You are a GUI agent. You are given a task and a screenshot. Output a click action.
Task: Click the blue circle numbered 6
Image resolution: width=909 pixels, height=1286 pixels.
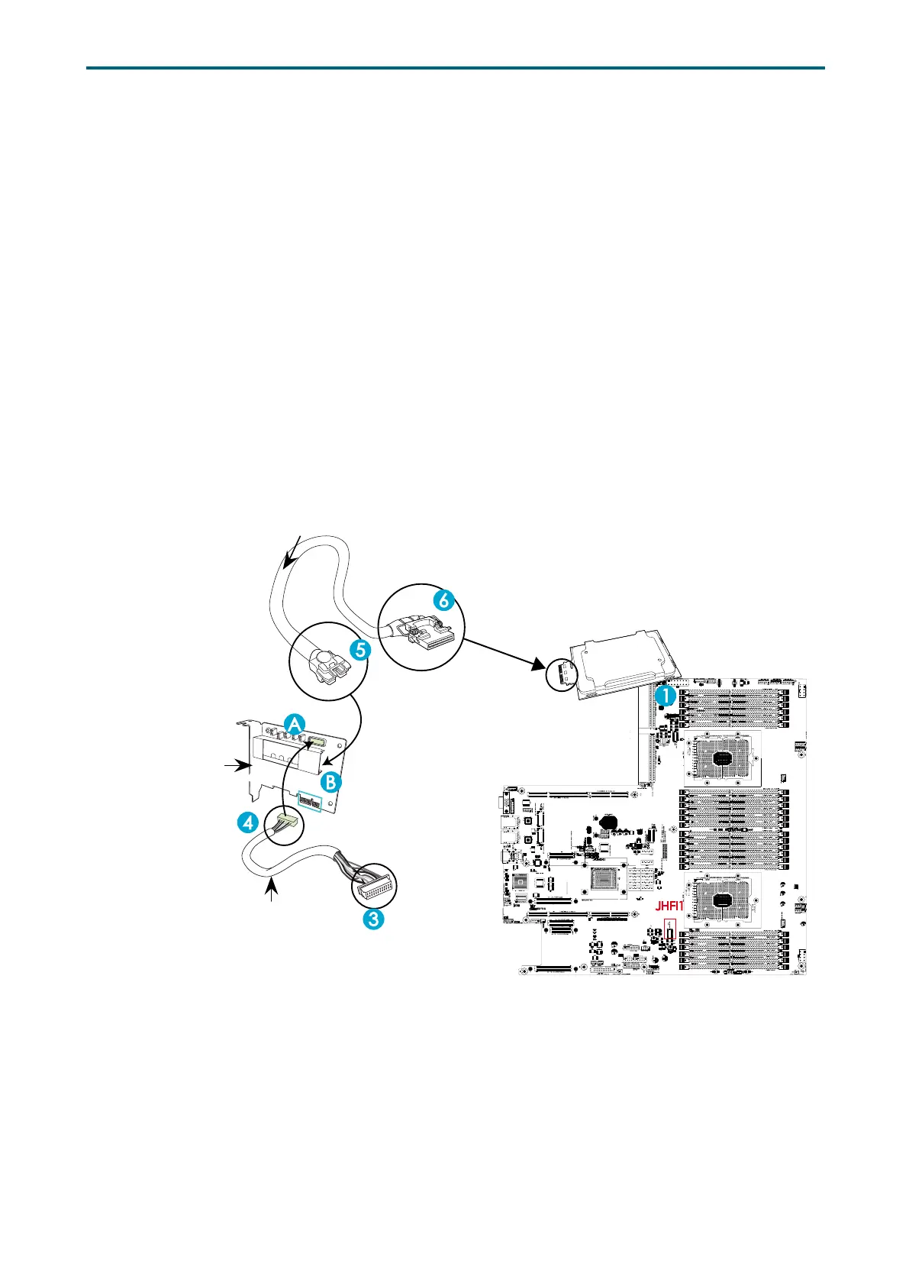443,600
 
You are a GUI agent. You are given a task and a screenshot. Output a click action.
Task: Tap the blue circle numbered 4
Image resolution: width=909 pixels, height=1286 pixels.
247,822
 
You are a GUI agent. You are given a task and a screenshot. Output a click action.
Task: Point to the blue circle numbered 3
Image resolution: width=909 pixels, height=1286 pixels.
372,919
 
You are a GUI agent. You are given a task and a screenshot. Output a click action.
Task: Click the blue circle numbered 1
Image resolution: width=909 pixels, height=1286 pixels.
665,696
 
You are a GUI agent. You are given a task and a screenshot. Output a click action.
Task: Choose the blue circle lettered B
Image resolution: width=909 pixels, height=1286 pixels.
330,782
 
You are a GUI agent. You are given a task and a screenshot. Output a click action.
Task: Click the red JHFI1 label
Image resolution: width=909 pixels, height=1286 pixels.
670,907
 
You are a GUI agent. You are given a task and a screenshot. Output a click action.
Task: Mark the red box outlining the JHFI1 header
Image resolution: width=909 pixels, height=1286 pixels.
671,934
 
